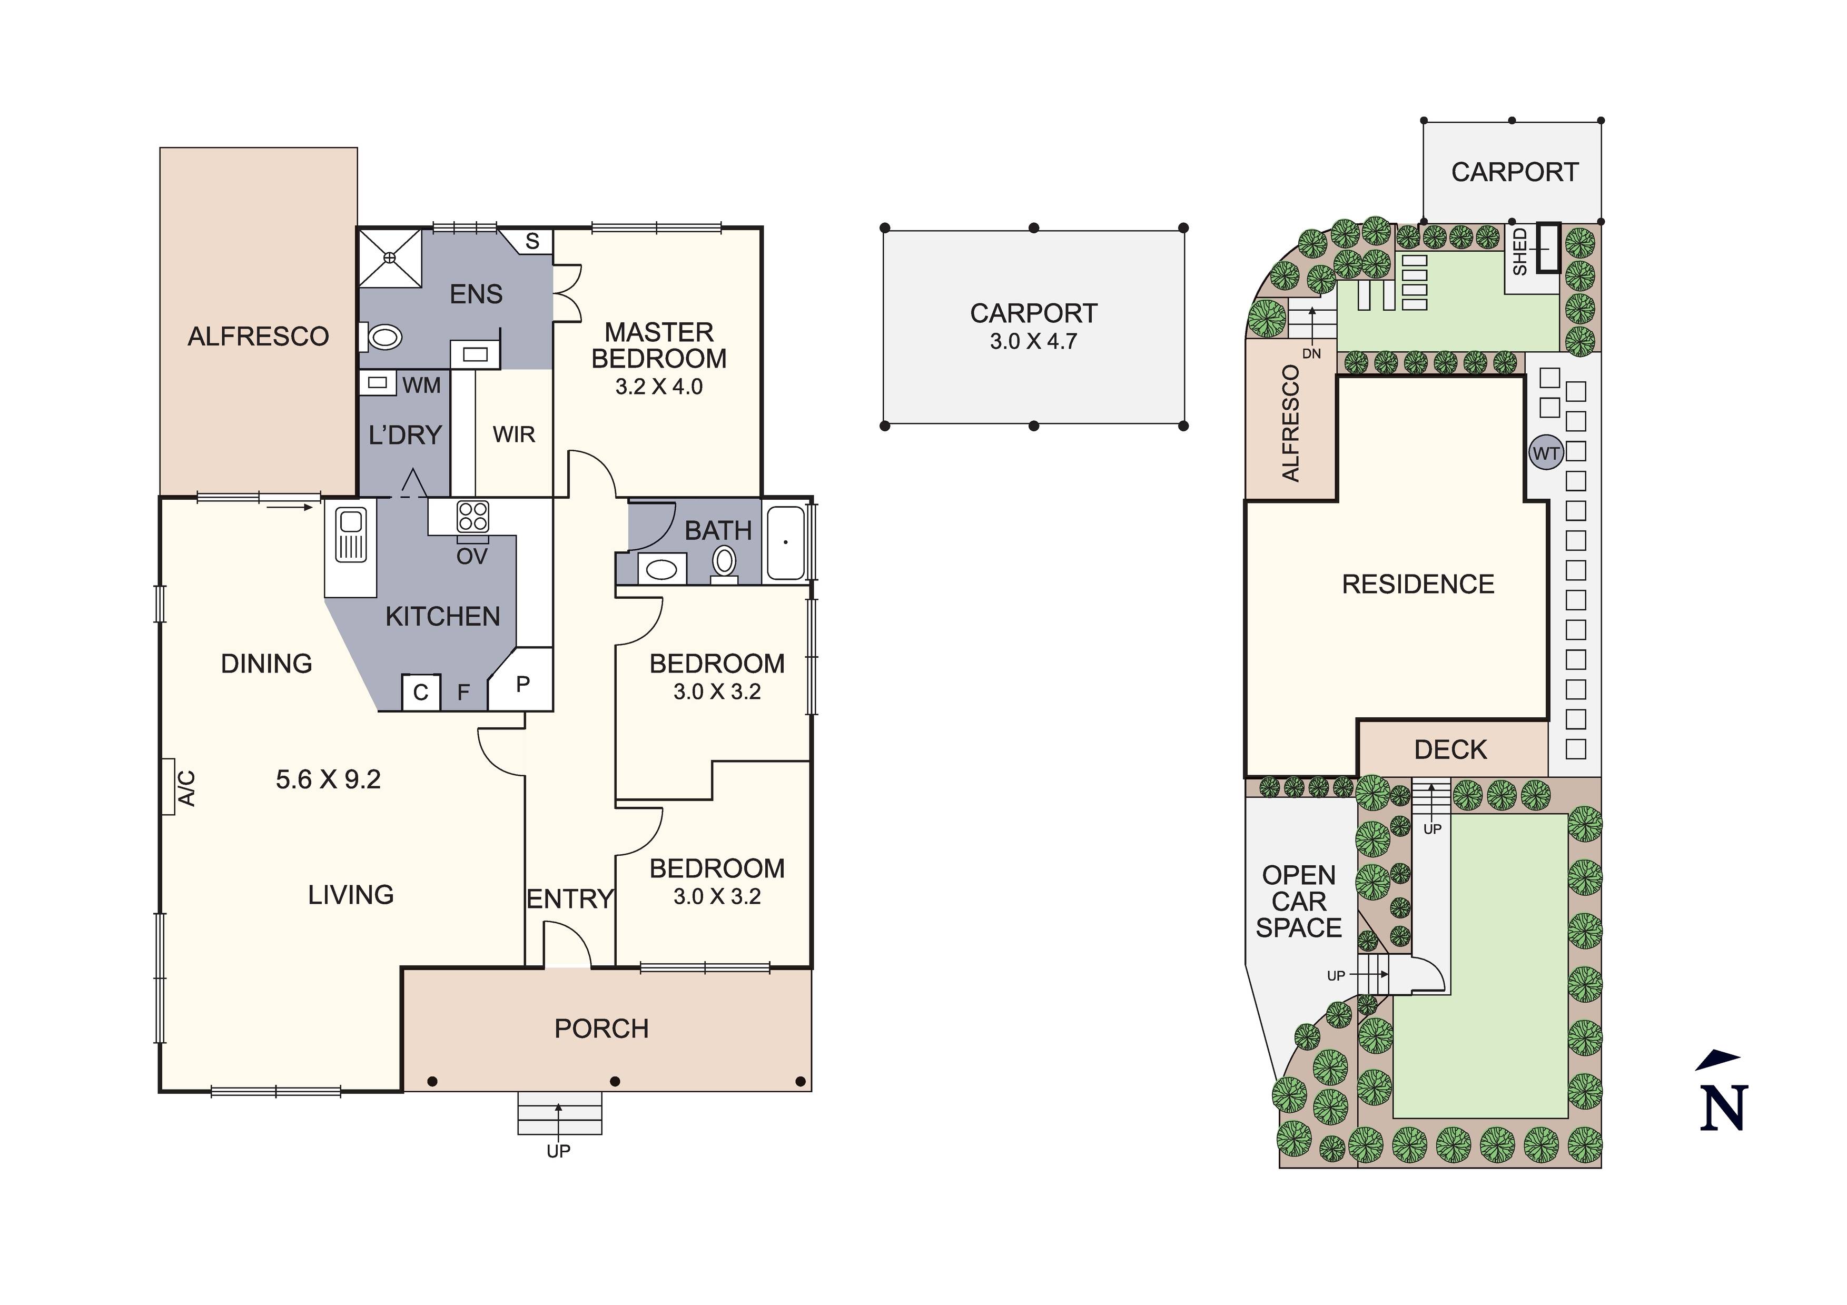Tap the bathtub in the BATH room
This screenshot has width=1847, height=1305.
coord(785,542)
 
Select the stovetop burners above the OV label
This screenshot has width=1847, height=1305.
coord(472,517)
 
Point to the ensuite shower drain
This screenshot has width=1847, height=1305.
coord(390,256)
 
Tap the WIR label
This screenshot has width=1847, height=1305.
coord(514,434)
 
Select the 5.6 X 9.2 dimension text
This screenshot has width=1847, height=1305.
coord(328,779)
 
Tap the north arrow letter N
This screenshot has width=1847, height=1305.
coord(1722,1108)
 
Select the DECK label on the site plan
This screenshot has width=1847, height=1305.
coord(1450,750)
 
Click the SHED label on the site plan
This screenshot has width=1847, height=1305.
coord(1519,252)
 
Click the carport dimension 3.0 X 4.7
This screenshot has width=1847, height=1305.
coord(1033,341)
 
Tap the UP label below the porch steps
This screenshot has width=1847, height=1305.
coord(558,1151)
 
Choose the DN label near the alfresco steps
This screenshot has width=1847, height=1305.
coord(1311,354)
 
